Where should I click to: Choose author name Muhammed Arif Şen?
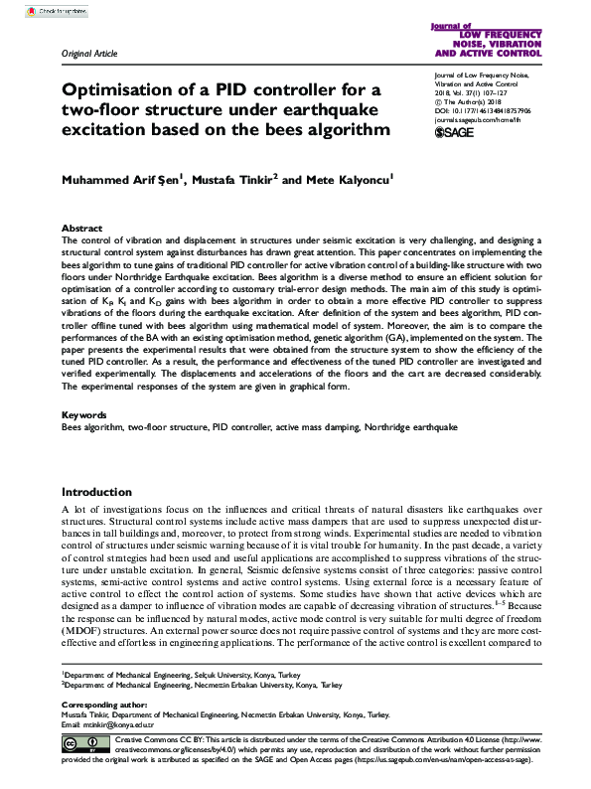tap(123, 179)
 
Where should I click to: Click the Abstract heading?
tap(81, 228)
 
